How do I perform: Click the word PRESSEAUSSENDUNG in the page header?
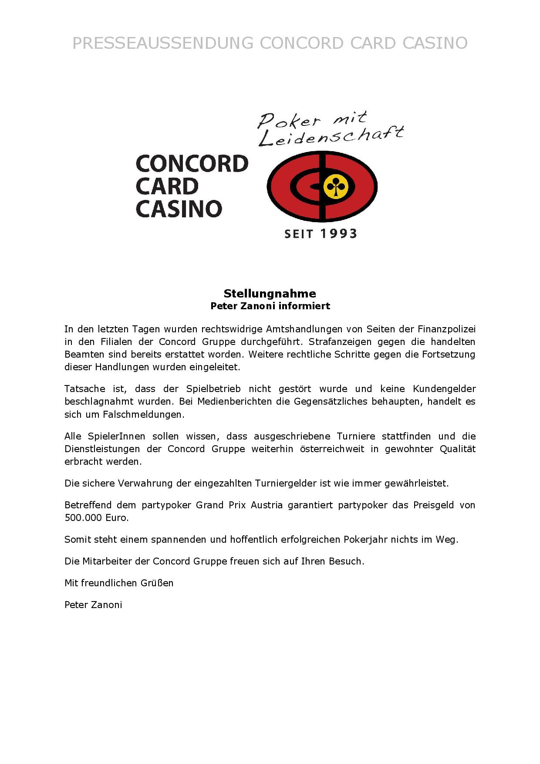pos(162,43)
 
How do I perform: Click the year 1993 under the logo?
pos(338,234)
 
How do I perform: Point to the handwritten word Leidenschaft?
pos(331,136)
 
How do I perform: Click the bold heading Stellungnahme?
pos(270,293)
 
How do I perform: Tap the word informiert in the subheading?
pos(304,306)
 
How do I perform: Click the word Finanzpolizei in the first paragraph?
pos(446,329)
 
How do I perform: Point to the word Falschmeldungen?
pos(143,414)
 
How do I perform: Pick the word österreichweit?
pos(332,449)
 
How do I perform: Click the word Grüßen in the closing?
pos(157,583)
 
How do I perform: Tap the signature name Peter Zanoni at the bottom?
pos(93,605)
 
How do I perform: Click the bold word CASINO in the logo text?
pos(179,209)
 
